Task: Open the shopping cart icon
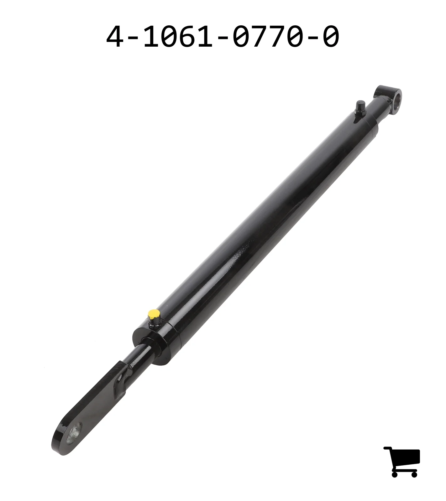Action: (402, 462)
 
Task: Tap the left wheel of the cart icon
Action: (395, 474)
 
